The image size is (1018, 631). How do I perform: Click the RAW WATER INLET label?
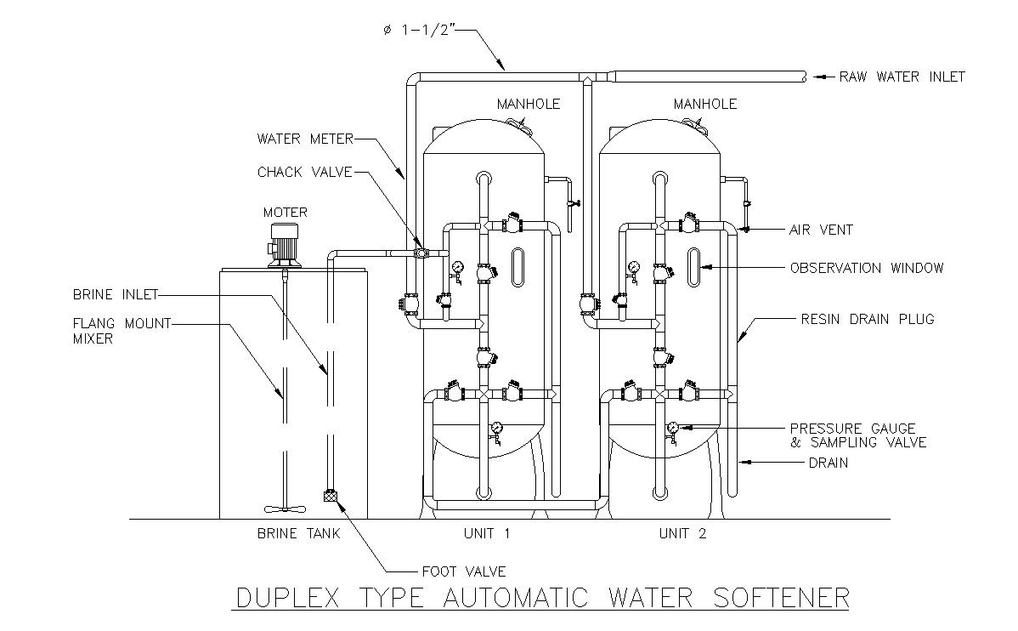point(902,77)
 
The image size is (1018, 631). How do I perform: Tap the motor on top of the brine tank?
point(284,245)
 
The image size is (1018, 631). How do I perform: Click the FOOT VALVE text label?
point(464,571)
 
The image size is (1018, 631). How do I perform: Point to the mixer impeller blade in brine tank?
point(284,509)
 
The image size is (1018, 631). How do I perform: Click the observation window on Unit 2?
point(694,267)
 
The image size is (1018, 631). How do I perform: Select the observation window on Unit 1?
point(517,267)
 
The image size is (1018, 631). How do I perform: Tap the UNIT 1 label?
point(487,533)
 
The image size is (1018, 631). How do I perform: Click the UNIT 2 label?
point(682,533)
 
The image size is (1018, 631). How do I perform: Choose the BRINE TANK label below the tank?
point(298,533)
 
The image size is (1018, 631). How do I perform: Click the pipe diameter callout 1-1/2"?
point(416,30)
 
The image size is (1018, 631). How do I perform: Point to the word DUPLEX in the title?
point(287,597)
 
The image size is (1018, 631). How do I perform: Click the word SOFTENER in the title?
point(781,597)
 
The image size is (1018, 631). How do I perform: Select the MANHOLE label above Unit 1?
point(529,104)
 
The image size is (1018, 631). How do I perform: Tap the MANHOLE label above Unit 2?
point(705,104)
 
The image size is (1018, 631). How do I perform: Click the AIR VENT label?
point(821,230)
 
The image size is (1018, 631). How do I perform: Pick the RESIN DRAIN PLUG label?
point(868,319)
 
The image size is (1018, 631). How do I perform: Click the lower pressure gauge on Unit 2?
point(672,428)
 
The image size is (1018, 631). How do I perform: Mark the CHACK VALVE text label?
point(304,173)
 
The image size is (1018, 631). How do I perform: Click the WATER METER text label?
point(305,139)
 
